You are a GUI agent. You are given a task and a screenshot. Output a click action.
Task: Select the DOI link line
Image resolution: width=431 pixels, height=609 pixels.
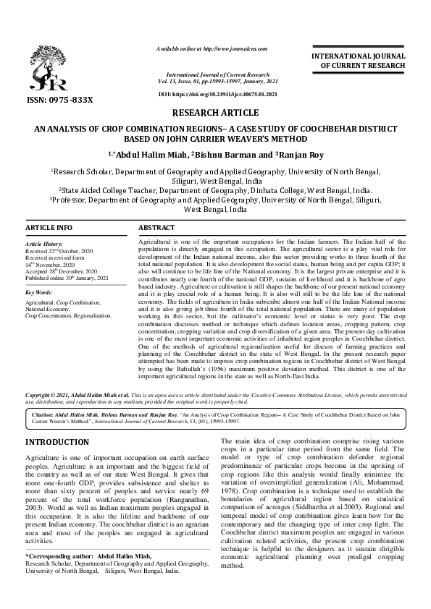tap(217, 95)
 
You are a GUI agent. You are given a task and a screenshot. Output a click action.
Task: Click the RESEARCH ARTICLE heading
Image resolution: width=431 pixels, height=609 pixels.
tap(215, 113)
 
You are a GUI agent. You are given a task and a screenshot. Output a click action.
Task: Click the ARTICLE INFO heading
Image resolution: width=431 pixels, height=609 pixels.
tap(49, 228)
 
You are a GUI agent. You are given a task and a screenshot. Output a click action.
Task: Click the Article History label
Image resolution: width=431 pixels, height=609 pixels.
tap(46, 245)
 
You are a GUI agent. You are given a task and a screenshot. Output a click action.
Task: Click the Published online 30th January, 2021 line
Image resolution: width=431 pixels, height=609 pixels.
tap(67, 278)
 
